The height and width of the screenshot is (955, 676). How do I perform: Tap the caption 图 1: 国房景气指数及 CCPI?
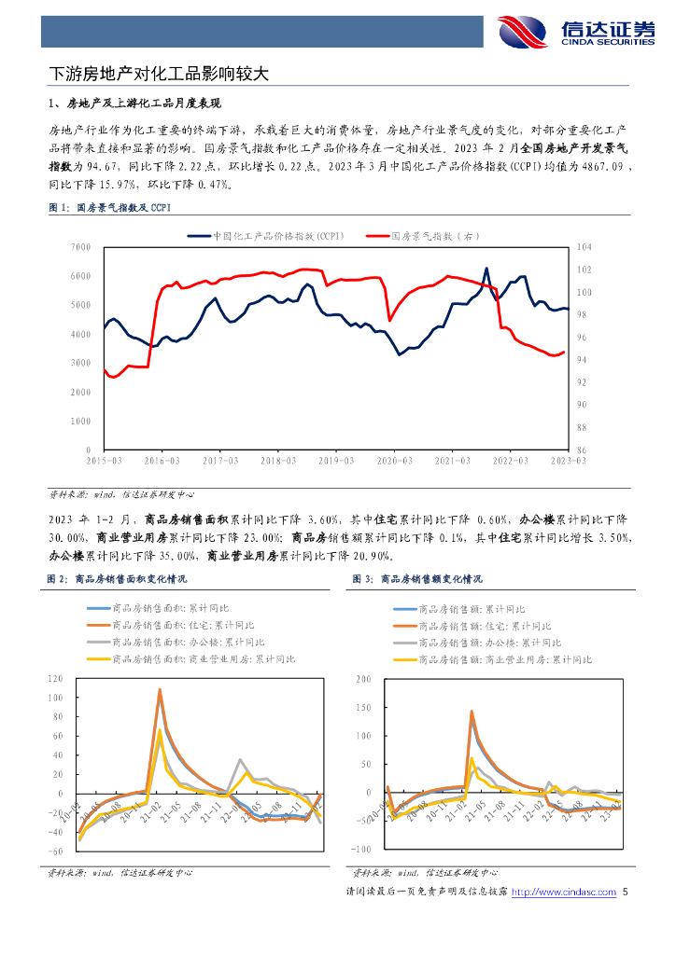110,207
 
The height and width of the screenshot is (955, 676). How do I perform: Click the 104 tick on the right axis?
586,247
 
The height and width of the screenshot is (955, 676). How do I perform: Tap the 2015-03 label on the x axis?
104,461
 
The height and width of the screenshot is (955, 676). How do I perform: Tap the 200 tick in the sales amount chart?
362,678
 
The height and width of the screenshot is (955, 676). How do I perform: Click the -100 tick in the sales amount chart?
360,850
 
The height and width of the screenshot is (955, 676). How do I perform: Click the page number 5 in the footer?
625,893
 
